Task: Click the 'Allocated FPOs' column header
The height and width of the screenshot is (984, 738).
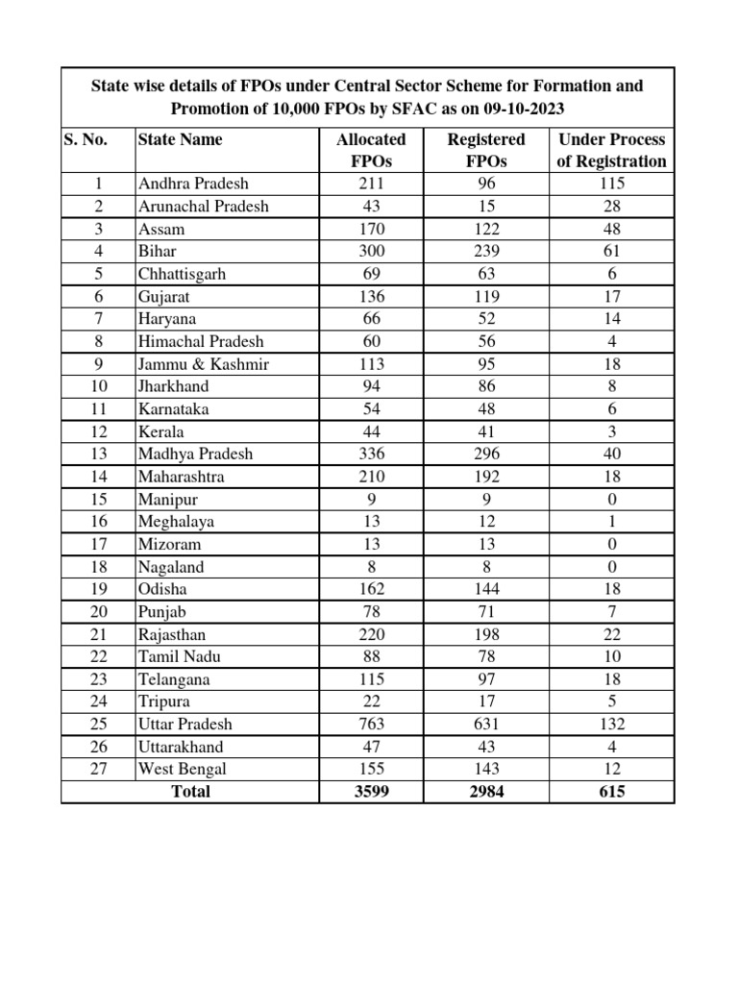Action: [371, 150]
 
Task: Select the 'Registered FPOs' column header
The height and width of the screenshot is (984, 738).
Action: [486, 150]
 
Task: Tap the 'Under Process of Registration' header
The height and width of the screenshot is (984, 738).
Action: [611, 150]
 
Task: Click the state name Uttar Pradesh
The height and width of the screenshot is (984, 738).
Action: [185, 724]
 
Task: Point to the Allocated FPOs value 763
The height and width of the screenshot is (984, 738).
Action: [371, 724]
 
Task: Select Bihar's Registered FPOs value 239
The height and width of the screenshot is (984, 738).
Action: [486, 251]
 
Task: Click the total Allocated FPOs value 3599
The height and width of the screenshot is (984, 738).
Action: [371, 792]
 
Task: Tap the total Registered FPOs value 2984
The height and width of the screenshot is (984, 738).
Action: [486, 792]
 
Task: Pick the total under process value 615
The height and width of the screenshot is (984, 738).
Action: [611, 792]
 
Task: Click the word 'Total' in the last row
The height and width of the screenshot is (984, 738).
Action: [189, 792]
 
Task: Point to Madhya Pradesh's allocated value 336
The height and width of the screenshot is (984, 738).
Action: [371, 454]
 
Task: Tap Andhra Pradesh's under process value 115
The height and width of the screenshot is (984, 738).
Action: [611, 184]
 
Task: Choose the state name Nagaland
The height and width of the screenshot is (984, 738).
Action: [171, 566]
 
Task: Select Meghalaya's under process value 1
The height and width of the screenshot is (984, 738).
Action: [611, 521]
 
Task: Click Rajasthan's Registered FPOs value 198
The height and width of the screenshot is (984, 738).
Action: [486, 634]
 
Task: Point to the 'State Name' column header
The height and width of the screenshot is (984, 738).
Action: [181, 139]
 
